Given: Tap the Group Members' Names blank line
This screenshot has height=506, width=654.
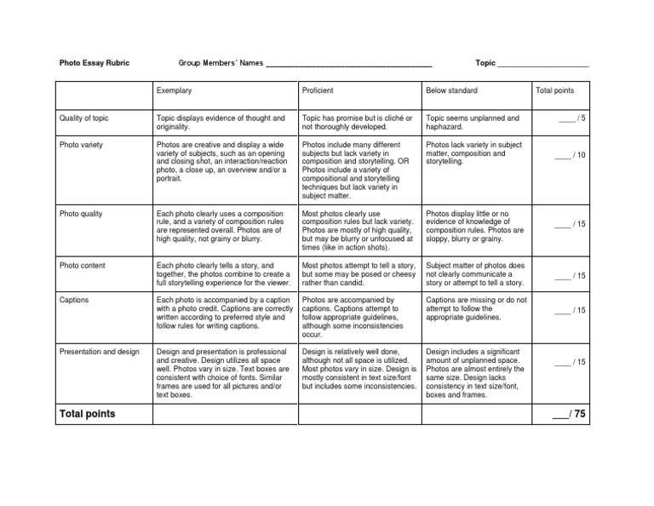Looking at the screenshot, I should click(348, 66).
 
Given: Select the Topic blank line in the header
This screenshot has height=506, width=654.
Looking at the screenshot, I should click(542, 66).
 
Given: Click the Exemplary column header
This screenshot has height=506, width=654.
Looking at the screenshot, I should click(174, 90).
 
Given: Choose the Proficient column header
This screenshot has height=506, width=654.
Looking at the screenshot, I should click(318, 90).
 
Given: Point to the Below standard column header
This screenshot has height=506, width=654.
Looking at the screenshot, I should click(451, 90).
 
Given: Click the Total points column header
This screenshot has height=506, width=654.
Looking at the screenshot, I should click(554, 90).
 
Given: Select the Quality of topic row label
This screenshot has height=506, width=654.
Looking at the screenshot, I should click(83, 118).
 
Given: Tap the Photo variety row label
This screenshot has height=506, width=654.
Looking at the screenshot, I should click(81, 145).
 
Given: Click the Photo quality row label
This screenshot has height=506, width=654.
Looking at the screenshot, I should click(81, 213).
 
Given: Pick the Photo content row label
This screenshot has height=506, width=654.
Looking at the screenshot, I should click(83, 266).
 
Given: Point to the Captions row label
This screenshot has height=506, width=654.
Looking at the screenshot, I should click(74, 300).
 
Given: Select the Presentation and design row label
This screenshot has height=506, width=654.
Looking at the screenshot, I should click(99, 351).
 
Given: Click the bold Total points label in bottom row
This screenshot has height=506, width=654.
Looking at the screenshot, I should click(86, 414).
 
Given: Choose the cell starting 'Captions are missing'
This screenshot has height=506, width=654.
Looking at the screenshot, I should click(476, 308).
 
